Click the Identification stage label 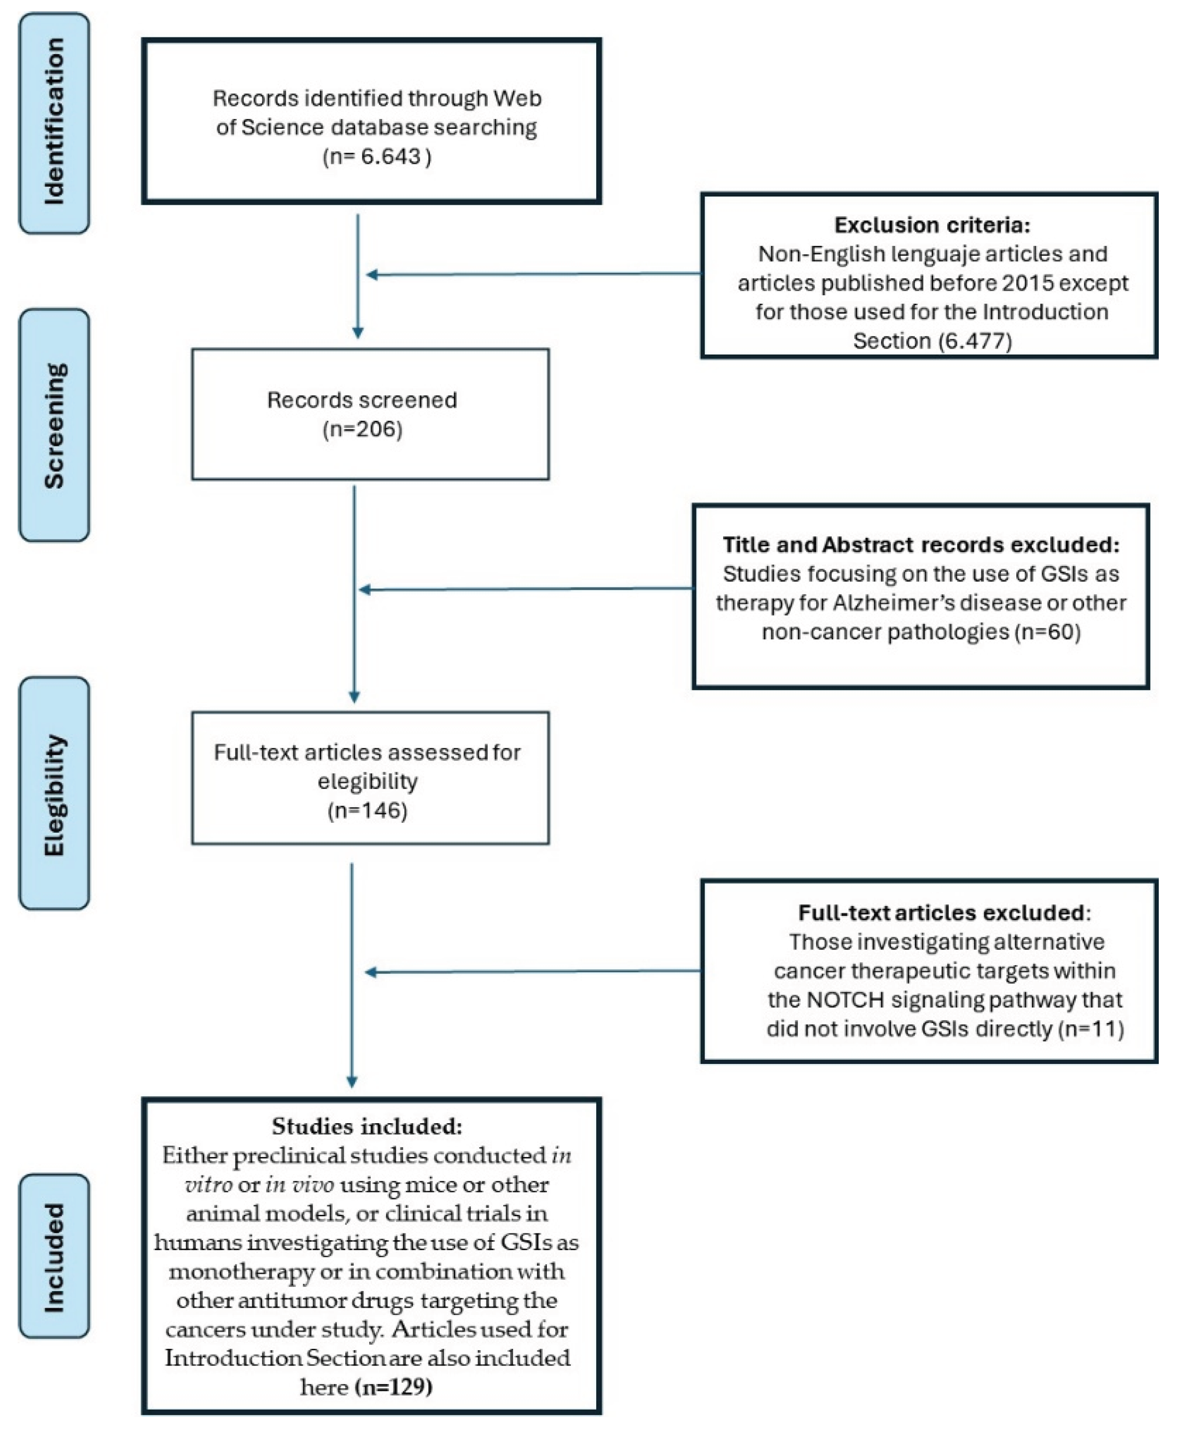pos(54,123)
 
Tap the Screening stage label pos(54,425)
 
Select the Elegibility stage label pos(54,794)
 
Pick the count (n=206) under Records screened pos(363,429)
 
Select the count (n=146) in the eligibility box pos(367,811)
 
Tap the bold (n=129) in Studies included pos(394,1387)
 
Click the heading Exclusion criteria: pos(932,225)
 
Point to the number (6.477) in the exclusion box pos(975,340)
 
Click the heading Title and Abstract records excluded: pos(921,545)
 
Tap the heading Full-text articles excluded pos(941,913)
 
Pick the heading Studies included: pos(367,1126)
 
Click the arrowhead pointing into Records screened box pos(358,333)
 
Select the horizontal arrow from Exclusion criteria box pos(533,274)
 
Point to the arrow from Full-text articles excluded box pos(533,971)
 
